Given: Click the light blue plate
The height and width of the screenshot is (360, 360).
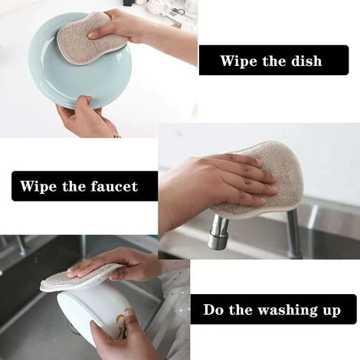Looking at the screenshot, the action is (77, 71).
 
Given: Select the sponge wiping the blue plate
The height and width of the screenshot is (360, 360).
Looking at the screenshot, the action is (90, 38).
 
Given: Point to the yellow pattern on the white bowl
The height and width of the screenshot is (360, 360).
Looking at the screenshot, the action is (121, 319).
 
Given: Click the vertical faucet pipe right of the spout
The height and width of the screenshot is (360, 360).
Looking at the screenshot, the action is (293, 232).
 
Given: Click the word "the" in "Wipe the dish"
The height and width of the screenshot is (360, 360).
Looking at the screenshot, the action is (273, 61).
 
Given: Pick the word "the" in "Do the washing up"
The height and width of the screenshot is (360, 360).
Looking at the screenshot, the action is (240, 309).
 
